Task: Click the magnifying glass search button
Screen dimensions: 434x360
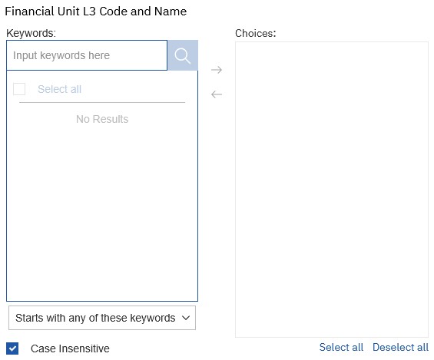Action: pyautogui.click(x=183, y=55)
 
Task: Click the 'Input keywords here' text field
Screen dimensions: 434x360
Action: pyautogui.click(x=87, y=55)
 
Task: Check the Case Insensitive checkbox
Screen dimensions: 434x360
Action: pyautogui.click(x=12, y=348)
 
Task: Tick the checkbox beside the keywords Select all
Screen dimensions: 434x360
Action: pyautogui.click(x=19, y=89)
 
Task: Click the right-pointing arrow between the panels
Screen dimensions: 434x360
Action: pyautogui.click(x=217, y=70)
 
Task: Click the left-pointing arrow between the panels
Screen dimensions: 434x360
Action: pyautogui.click(x=217, y=94)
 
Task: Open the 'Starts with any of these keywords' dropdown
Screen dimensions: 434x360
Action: pyautogui.click(x=102, y=318)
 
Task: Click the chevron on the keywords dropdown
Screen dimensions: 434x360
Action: pyautogui.click(x=186, y=318)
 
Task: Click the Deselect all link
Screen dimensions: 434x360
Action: pyautogui.click(x=400, y=347)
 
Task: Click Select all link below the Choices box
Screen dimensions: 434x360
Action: pyautogui.click(x=341, y=347)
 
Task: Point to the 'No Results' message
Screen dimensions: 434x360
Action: pyautogui.click(x=102, y=119)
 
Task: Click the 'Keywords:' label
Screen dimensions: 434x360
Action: pyautogui.click(x=31, y=33)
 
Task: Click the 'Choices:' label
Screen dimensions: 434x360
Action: pyautogui.click(x=256, y=33)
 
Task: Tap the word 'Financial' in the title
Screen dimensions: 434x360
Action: pyautogui.click(x=29, y=12)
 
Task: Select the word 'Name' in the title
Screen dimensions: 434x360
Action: pyautogui.click(x=171, y=12)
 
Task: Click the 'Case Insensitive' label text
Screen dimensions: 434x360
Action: pyautogui.click(x=70, y=348)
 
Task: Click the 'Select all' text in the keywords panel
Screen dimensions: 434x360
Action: pyautogui.click(x=59, y=89)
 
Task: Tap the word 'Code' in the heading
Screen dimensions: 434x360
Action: pyautogui.click(x=113, y=12)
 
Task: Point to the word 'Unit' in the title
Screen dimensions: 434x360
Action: pyautogui.click(x=68, y=12)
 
